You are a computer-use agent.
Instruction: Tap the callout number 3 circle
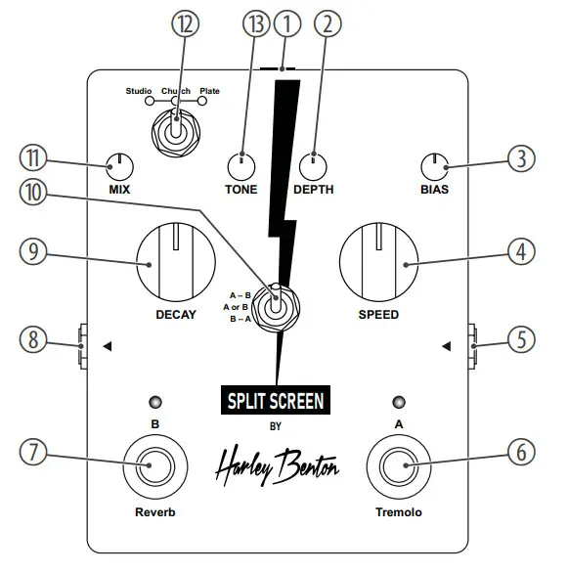point(523,156)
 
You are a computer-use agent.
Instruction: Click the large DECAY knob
point(174,263)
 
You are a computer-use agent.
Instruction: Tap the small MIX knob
point(119,165)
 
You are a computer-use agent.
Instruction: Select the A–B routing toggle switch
point(277,305)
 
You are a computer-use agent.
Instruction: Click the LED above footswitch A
point(399,402)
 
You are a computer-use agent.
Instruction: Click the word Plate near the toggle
point(209,91)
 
